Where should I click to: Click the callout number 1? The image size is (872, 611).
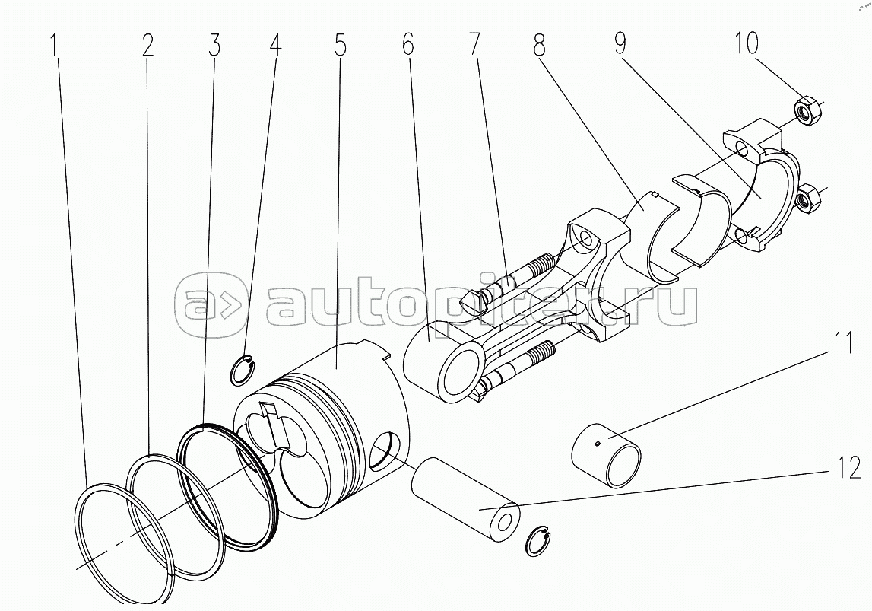(x=55, y=45)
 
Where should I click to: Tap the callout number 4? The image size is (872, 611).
(x=275, y=45)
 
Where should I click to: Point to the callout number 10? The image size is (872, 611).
(x=747, y=43)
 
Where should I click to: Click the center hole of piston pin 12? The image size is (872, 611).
(x=505, y=523)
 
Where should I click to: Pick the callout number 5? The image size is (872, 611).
(x=341, y=45)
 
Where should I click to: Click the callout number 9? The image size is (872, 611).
(x=622, y=43)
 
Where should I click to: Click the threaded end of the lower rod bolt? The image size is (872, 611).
(x=539, y=352)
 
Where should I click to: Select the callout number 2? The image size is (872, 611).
(x=147, y=45)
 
